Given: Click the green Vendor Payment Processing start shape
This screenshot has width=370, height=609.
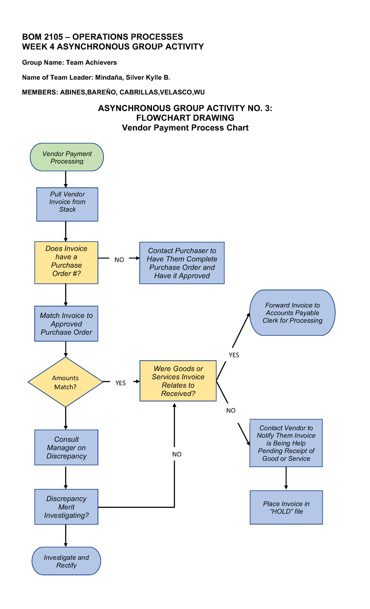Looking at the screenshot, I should [x=67, y=157].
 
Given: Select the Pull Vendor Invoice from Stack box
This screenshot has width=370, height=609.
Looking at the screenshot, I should [x=67, y=204].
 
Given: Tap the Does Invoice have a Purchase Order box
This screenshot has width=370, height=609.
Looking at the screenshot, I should [x=66, y=263].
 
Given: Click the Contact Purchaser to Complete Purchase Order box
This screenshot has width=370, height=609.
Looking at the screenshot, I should [x=182, y=263].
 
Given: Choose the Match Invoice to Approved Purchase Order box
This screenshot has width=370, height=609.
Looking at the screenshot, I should [x=66, y=324].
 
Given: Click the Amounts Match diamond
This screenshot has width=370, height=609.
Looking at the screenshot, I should [x=65, y=382].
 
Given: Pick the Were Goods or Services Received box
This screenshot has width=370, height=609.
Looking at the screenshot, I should [x=178, y=381].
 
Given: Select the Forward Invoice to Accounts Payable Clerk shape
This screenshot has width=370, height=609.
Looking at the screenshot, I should [x=292, y=313].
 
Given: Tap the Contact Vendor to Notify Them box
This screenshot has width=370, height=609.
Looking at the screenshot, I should [x=286, y=443].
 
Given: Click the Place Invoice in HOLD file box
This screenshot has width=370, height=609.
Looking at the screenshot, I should [x=286, y=507].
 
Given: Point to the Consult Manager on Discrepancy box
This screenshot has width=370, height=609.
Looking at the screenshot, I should [x=66, y=448].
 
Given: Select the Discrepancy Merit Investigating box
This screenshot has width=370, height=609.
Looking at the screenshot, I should [x=66, y=507].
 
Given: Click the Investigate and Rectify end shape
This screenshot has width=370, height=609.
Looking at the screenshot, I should [x=66, y=561].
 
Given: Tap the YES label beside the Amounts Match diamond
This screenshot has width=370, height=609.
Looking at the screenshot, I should [x=120, y=383].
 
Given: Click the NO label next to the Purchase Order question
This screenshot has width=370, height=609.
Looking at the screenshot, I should [x=119, y=260].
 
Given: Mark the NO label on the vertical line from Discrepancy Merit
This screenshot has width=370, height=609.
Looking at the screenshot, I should [x=177, y=454].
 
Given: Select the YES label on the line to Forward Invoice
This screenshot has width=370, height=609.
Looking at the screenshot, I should [x=234, y=355].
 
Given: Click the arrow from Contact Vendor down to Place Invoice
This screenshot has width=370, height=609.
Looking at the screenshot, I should [x=286, y=478].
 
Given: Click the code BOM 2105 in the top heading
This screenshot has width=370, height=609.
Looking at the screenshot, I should [x=43, y=37].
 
